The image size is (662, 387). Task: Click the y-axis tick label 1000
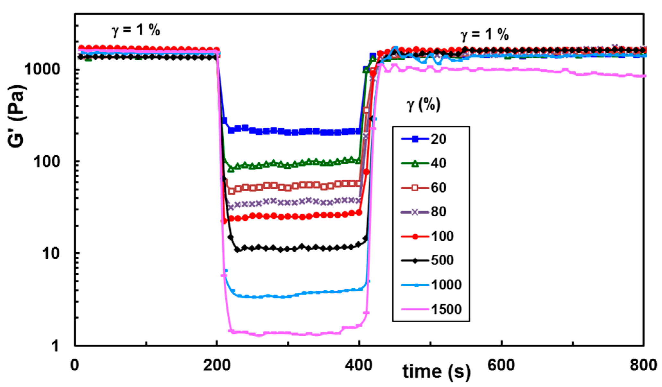(x=43, y=69)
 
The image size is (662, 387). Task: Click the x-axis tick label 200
(x=217, y=365)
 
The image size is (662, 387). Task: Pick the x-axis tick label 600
(x=501, y=365)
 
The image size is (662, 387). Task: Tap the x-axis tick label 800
(x=643, y=365)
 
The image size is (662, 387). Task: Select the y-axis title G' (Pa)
(x=17, y=116)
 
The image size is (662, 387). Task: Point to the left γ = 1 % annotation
(x=136, y=30)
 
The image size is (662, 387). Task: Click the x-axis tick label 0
(x=75, y=365)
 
